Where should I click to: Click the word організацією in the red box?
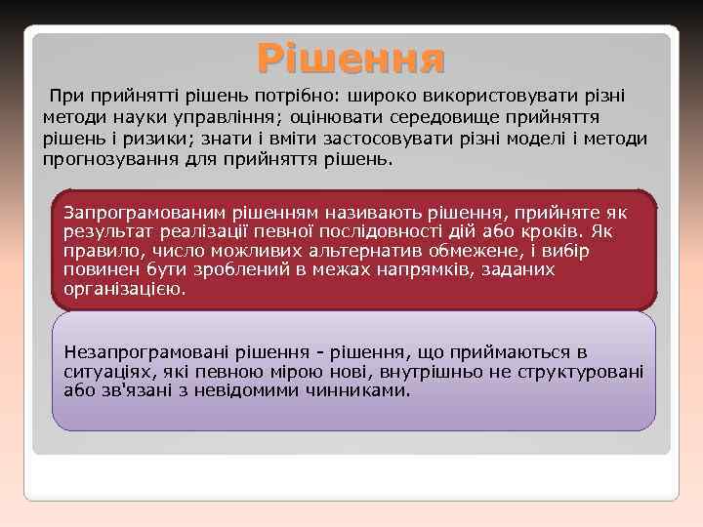tap(123, 290)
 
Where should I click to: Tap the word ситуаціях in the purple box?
tap(103, 372)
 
